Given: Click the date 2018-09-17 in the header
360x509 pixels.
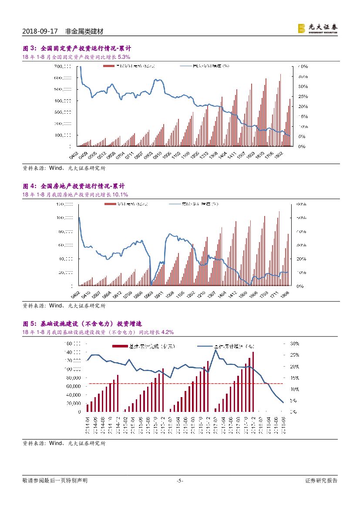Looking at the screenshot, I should coord(40,32).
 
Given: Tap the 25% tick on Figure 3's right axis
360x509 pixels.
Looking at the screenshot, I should coord(303,96).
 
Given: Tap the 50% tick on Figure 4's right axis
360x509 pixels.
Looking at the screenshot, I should coord(302,218).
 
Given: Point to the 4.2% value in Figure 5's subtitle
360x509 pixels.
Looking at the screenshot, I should coord(167,332).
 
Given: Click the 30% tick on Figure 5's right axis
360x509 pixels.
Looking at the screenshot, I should coord(294,344).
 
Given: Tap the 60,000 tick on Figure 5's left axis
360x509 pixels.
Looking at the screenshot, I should coord(73,386).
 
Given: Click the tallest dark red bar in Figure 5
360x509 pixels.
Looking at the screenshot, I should coord(253,381).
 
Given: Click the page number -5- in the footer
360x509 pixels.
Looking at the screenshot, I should coord(180,481).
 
